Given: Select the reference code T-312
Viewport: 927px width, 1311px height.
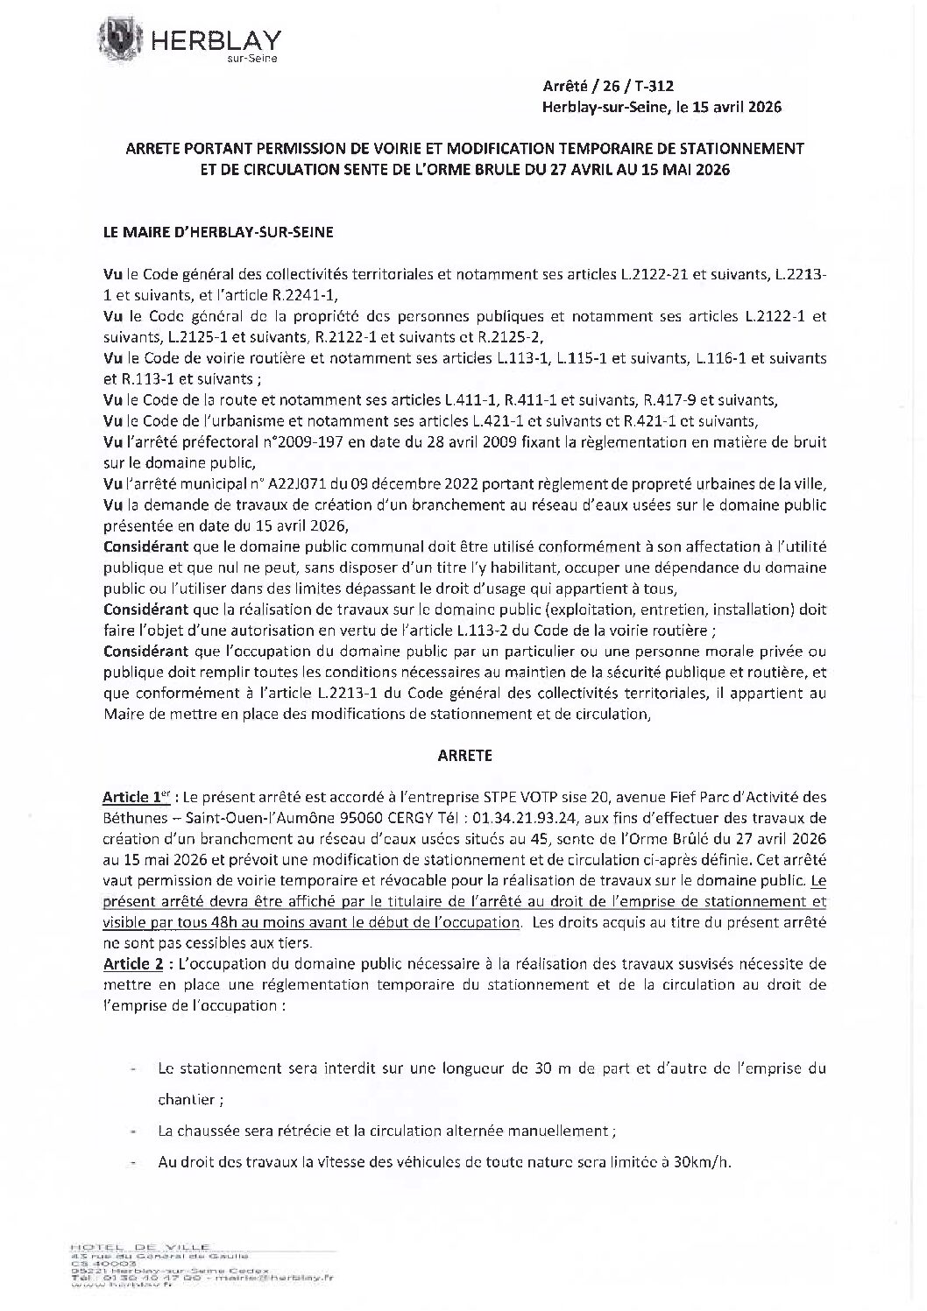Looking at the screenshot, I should click(653, 84).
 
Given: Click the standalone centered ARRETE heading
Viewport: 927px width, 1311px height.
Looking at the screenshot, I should click(464, 754).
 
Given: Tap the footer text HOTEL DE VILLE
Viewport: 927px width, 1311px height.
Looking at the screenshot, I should click(138, 1246).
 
